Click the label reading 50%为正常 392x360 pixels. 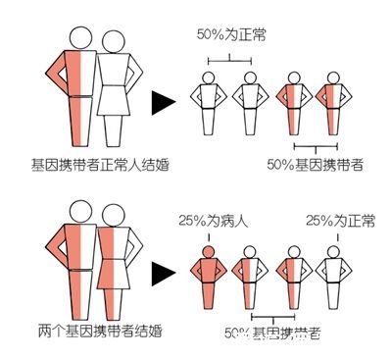(228, 35)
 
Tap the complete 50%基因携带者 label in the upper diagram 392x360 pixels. (316, 164)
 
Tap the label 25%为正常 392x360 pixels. (341, 220)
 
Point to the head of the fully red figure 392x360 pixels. (207, 249)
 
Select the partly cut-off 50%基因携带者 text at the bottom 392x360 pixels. (271, 334)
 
